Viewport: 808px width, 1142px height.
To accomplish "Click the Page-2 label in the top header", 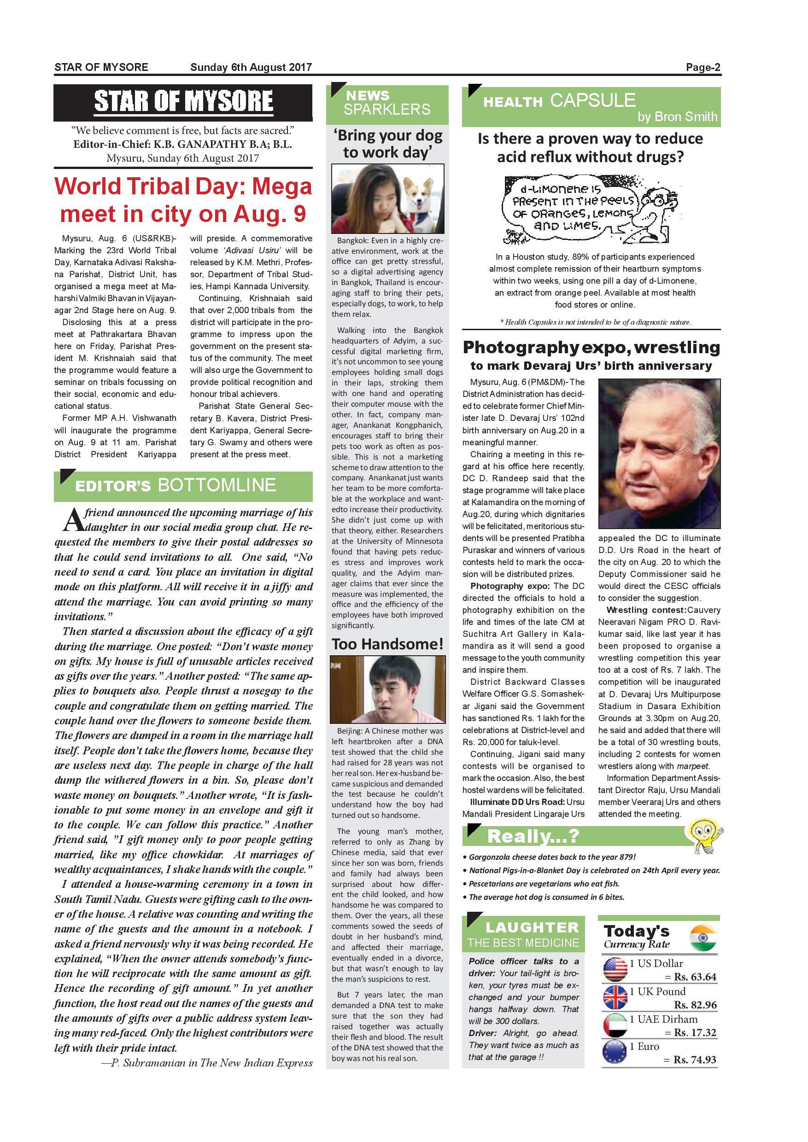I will tap(703, 67).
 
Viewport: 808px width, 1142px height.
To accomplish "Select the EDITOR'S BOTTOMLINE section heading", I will tap(175, 485).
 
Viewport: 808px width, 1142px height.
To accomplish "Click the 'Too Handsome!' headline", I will tap(387, 644).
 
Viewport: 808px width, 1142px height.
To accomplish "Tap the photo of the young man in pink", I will tap(387, 689).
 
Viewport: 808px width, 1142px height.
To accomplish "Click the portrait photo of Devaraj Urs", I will tap(659, 453).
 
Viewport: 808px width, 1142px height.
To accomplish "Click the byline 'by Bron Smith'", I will tap(677, 117).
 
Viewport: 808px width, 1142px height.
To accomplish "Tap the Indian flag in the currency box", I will tap(703, 938).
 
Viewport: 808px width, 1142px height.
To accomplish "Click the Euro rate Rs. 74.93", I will tap(695, 1060).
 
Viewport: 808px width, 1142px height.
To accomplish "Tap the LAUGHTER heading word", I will tap(532, 927).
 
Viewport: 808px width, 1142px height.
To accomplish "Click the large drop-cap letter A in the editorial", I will tap(73, 520).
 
